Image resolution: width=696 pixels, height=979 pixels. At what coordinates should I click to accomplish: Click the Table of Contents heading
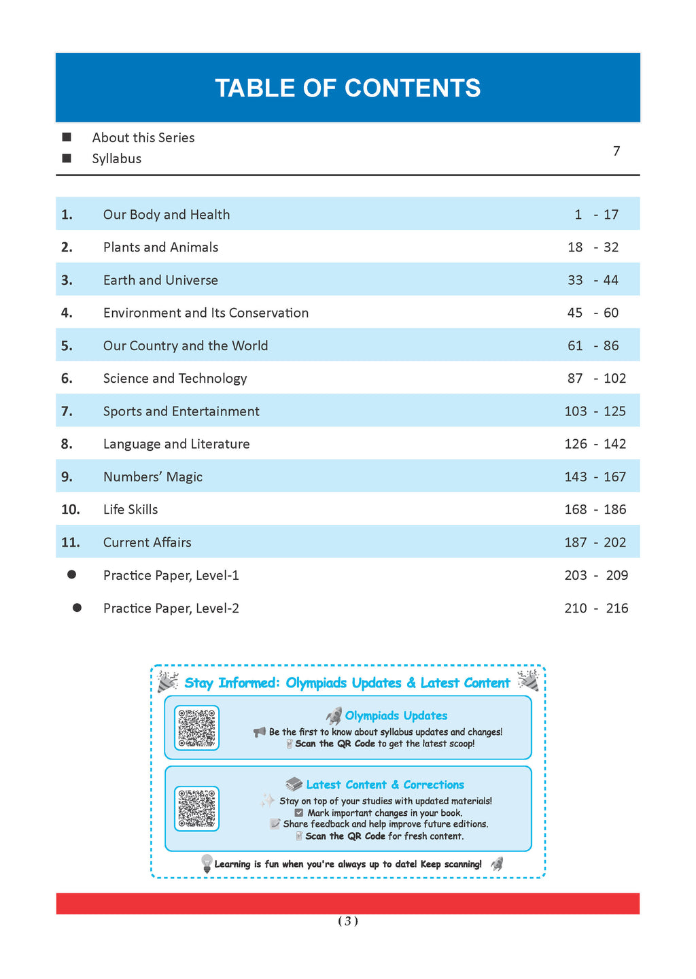point(347,88)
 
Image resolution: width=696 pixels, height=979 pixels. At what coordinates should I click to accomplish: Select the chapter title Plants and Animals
point(160,247)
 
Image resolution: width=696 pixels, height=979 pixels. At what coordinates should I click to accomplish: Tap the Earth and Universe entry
point(160,280)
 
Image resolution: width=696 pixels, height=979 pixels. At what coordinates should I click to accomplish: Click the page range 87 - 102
point(596,379)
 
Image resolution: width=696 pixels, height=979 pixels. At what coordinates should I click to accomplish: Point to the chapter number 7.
point(67,411)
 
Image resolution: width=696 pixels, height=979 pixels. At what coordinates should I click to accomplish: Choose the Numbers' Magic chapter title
point(153,477)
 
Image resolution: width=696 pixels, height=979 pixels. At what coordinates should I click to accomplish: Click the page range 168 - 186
point(595,510)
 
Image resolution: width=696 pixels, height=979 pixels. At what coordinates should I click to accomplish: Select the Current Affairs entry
point(147,543)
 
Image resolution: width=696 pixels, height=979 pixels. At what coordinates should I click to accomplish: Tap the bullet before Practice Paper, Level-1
point(71,575)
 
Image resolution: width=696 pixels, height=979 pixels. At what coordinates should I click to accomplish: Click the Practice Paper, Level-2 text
point(171,608)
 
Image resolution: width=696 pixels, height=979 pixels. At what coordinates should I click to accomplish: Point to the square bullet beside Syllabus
point(67,158)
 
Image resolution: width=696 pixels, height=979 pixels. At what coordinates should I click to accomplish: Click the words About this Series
point(143,138)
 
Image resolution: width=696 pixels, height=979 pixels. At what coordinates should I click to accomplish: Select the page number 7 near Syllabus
point(616,151)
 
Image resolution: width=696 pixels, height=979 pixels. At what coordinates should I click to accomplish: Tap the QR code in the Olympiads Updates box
point(197,727)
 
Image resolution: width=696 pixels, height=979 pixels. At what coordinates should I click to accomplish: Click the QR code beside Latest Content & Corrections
point(197,808)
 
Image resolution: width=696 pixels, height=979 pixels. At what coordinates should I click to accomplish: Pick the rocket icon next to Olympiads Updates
point(334,715)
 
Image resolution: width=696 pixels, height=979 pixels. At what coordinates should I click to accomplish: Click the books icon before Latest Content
point(294,785)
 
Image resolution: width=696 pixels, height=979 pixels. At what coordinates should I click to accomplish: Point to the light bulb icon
point(207,863)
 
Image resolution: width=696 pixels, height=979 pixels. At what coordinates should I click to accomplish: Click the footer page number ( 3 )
point(348,921)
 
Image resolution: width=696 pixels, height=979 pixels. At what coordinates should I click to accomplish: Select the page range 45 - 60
point(593,313)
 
